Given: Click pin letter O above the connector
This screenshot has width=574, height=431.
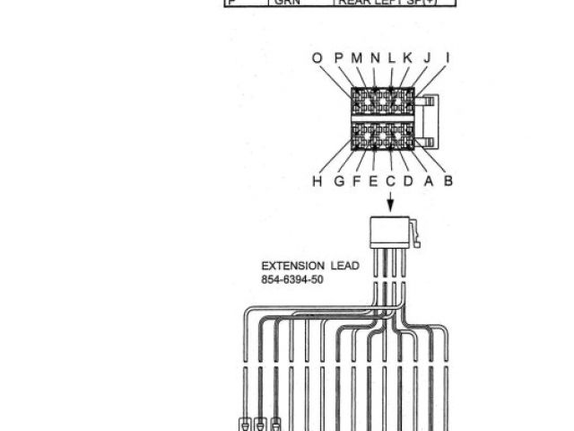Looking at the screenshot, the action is pyautogui.click(x=317, y=58).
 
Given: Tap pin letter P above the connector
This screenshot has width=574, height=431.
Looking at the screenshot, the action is pyautogui.click(x=339, y=58).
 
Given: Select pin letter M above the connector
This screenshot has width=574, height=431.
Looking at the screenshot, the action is pyautogui.click(x=357, y=58).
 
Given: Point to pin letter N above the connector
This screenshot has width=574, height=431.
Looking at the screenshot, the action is pyautogui.click(x=376, y=58).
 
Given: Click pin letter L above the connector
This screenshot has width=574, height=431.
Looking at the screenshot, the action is pyautogui.click(x=392, y=58).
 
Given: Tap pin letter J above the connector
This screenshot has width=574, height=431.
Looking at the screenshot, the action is pyautogui.click(x=427, y=58).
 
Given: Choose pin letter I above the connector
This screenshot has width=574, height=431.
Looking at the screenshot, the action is pyautogui.click(x=448, y=58).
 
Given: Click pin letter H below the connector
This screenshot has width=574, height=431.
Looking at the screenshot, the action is pyautogui.click(x=317, y=181).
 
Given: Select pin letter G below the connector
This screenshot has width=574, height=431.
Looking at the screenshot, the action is pyautogui.click(x=340, y=181).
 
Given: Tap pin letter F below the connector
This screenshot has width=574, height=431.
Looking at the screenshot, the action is pyautogui.click(x=358, y=181).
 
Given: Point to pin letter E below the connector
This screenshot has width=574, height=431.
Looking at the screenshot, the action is pyautogui.click(x=374, y=181).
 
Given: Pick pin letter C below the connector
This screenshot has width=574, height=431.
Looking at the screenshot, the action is pyautogui.click(x=391, y=181).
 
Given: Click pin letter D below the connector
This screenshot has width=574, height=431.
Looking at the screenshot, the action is pyautogui.click(x=408, y=181).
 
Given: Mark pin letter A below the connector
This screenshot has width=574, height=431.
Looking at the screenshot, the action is pyautogui.click(x=429, y=181).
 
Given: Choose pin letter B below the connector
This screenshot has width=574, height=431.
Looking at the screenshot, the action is pyautogui.click(x=448, y=181).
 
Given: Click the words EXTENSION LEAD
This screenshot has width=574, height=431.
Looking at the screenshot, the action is pyautogui.click(x=309, y=266).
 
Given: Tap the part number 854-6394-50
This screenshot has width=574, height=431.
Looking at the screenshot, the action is pyautogui.click(x=292, y=279).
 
